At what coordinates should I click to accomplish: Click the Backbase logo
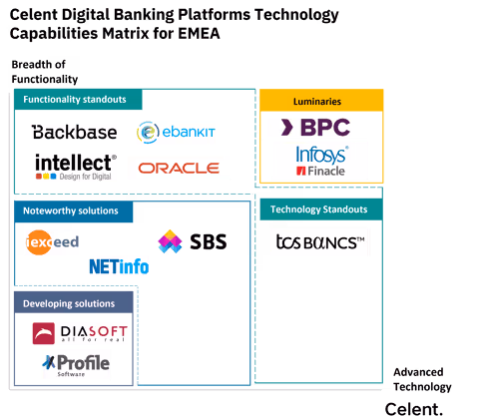tap(74, 132)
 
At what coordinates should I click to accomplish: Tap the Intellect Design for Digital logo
tap(76, 167)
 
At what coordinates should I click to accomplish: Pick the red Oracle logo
tap(179, 168)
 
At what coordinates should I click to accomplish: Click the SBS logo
tap(192, 241)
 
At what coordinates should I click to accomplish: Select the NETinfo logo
tap(119, 266)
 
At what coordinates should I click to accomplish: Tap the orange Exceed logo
tap(52, 242)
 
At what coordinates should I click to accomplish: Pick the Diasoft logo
tap(80, 333)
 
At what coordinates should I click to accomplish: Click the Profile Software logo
tap(76, 365)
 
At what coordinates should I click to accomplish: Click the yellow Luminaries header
tap(320, 101)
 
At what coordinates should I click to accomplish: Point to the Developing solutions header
tap(69, 303)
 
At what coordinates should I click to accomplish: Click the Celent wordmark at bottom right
tap(414, 407)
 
